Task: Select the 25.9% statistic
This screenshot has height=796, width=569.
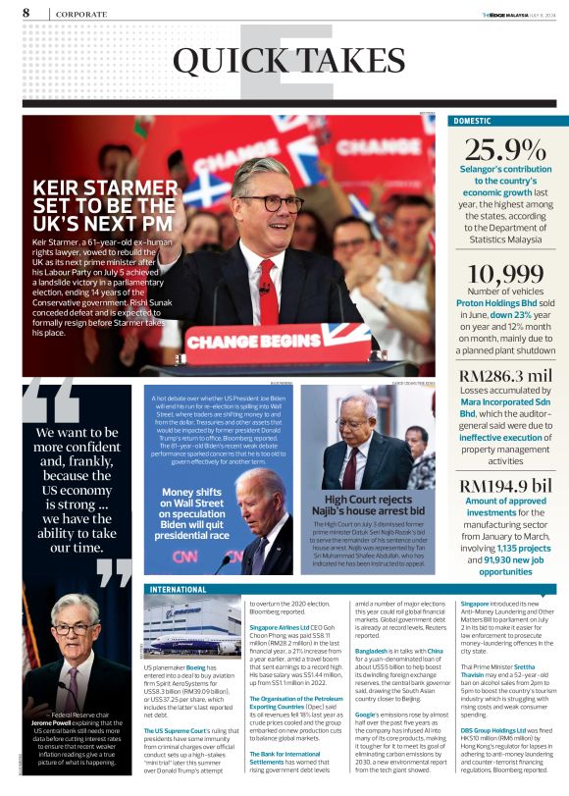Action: coord(505,150)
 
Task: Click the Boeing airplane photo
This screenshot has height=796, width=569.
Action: coord(192,629)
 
